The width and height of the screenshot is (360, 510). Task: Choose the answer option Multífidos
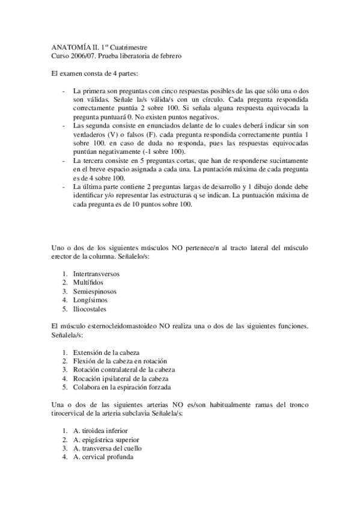[x=89, y=282]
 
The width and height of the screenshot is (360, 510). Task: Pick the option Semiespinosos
[x=94, y=291]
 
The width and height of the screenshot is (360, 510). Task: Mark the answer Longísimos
[x=91, y=300]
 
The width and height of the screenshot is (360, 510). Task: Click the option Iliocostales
[x=90, y=309]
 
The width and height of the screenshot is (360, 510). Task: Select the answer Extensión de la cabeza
[x=109, y=352]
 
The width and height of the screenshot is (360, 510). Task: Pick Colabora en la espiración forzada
[x=122, y=387]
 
